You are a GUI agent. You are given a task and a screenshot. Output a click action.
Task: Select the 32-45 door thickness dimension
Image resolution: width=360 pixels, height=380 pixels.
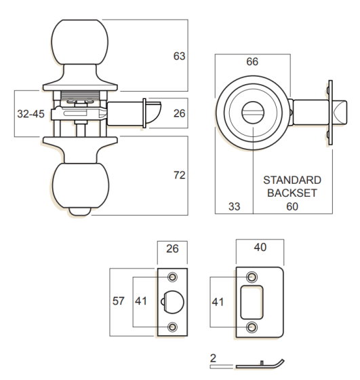tap(30, 114)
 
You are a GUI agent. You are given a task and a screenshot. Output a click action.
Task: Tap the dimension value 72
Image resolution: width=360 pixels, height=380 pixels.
tap(179, 176)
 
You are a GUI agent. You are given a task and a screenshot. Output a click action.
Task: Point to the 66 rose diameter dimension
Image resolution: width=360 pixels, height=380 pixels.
tap(252, 62)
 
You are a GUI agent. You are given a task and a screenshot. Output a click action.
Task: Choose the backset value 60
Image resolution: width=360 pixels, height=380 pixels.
tap(292, 206)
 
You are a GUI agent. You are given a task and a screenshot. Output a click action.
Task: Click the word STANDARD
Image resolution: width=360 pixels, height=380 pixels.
tap(292, 181)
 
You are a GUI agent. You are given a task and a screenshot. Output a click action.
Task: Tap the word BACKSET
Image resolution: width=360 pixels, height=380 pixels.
tap(292, 193)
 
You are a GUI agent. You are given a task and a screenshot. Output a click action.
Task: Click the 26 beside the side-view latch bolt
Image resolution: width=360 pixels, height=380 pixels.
tap(179, 114)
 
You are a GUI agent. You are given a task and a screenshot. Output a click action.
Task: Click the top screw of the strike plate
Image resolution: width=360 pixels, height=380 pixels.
tap(253, 276)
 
